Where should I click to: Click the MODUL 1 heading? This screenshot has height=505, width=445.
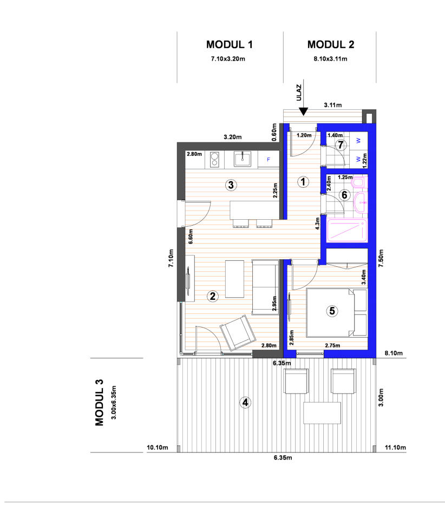(x=230, y=44)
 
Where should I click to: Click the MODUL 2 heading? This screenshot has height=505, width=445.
(x=331, y=44)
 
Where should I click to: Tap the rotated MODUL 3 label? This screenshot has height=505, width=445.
(x=99, y=403)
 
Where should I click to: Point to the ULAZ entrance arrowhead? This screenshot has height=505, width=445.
(x=303, y=112)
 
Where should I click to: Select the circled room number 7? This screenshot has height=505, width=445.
(x=341, y=145)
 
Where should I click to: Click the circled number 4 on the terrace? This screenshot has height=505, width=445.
(x=245, y=402)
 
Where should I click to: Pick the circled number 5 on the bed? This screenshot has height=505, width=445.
(x=332, y=311)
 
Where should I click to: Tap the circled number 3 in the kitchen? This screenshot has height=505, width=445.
(x=231, y=185)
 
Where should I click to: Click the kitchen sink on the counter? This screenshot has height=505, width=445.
(x=243, y=159)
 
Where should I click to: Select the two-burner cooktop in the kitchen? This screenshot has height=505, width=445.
(x=214, y=160)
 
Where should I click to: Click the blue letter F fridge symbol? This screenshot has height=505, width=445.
(x=268, y=160)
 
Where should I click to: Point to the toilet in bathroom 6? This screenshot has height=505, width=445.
(x=359, y=183)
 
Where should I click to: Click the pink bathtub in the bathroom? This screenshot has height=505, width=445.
(x=347, y=230)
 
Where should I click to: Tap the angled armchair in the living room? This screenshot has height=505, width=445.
(x=238, y=333)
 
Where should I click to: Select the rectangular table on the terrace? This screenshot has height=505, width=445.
(x=322, y=413)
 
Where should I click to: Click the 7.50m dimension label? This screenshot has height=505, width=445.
(x=381, y=258)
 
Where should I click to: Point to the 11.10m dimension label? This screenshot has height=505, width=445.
(x=395, y=447)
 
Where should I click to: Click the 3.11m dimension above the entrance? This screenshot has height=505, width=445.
(x=333, y=105)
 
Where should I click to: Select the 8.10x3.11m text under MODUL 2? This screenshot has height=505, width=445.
(x=331, y=58)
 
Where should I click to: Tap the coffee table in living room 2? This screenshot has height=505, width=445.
(x=234, y=279)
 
